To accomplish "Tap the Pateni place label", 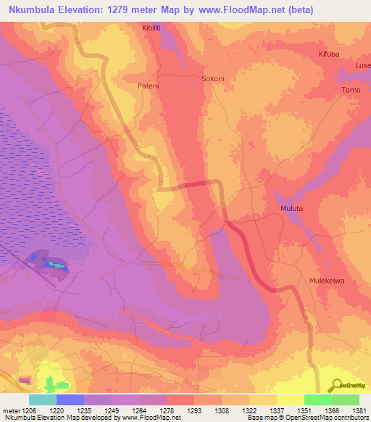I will click(x=149, y=85).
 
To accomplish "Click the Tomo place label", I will click(x=351, y=90).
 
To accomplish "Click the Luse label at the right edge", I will click(x=362, y=65).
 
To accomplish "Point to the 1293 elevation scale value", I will click(x=194, y=410).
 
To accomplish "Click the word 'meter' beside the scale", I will click(x=11, y=410).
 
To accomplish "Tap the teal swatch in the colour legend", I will click(x=43, y=400).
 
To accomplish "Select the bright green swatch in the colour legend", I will click(x=317, y=400).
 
